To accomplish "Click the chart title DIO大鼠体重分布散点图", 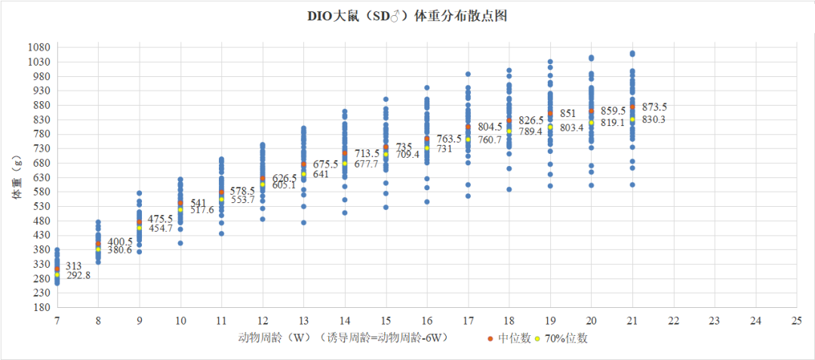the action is [407, 17].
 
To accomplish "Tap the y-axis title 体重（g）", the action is [18, 177].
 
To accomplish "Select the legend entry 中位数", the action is [509, 339].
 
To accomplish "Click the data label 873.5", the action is [654, 107].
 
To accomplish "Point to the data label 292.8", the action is [78, 275].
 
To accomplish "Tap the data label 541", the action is [198, 202].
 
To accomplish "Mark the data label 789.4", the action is [531, 131].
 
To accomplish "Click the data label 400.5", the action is [120, 242].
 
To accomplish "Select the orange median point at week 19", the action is [550, 113].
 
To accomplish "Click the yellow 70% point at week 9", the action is [140, 227].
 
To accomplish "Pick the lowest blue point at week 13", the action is [303, 223].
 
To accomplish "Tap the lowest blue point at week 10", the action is [180, 242].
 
